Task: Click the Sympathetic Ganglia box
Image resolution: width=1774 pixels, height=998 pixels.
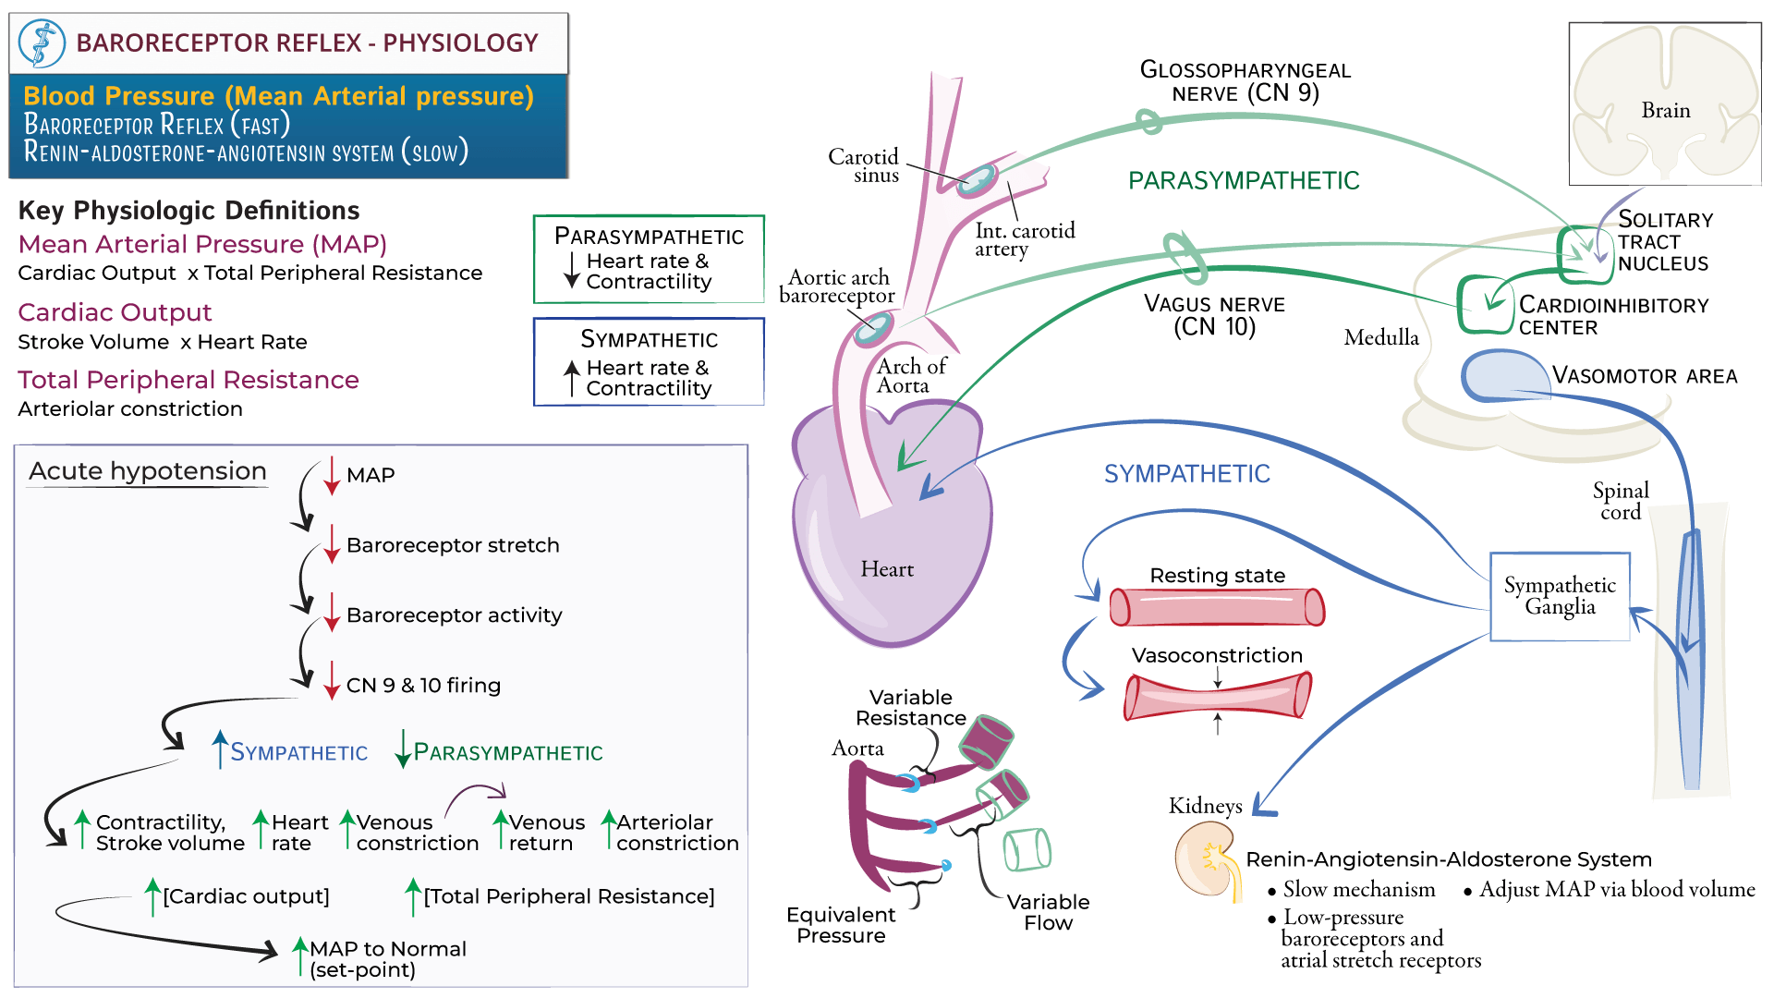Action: click(x=1560, y=596)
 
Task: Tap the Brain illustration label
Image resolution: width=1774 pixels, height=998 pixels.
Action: click(x=1665, y=110)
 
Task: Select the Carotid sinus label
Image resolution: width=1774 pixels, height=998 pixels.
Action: click(x=865, y=165)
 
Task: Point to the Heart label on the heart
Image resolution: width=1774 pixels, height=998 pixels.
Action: click(x=887, y=569)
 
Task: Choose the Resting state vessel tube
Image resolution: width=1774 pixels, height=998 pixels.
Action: click(x=1217, y=607)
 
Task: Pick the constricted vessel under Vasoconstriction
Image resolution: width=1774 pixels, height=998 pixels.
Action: click(x=1217, y=696)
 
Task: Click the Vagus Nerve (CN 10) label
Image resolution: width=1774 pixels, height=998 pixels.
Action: click(x=1214, y=315)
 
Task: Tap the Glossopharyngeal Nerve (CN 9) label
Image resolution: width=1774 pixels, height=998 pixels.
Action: click(x=1245, y=81)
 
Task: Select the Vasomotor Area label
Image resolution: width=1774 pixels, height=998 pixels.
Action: click(x=1645, y=376)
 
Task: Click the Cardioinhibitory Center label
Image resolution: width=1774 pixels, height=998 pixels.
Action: click(x=1613, y=316)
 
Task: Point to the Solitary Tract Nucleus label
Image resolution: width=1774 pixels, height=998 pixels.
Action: click(x=1664, y=241)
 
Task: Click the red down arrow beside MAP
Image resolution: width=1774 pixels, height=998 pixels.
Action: click(x=332, y=475)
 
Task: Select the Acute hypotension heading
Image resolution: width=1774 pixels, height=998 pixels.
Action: click(x=148, y=471)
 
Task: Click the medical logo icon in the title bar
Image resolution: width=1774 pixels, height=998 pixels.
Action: click(x=43, y=43)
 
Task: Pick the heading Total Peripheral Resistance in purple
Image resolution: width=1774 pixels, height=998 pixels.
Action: click(x=188, y=380)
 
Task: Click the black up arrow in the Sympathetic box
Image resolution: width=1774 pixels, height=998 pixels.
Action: click(x=572, y=378)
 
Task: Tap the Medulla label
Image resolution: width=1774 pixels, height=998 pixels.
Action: click(x=1380, y=337)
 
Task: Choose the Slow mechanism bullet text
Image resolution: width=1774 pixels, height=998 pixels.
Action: click(x=1358, y=890)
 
